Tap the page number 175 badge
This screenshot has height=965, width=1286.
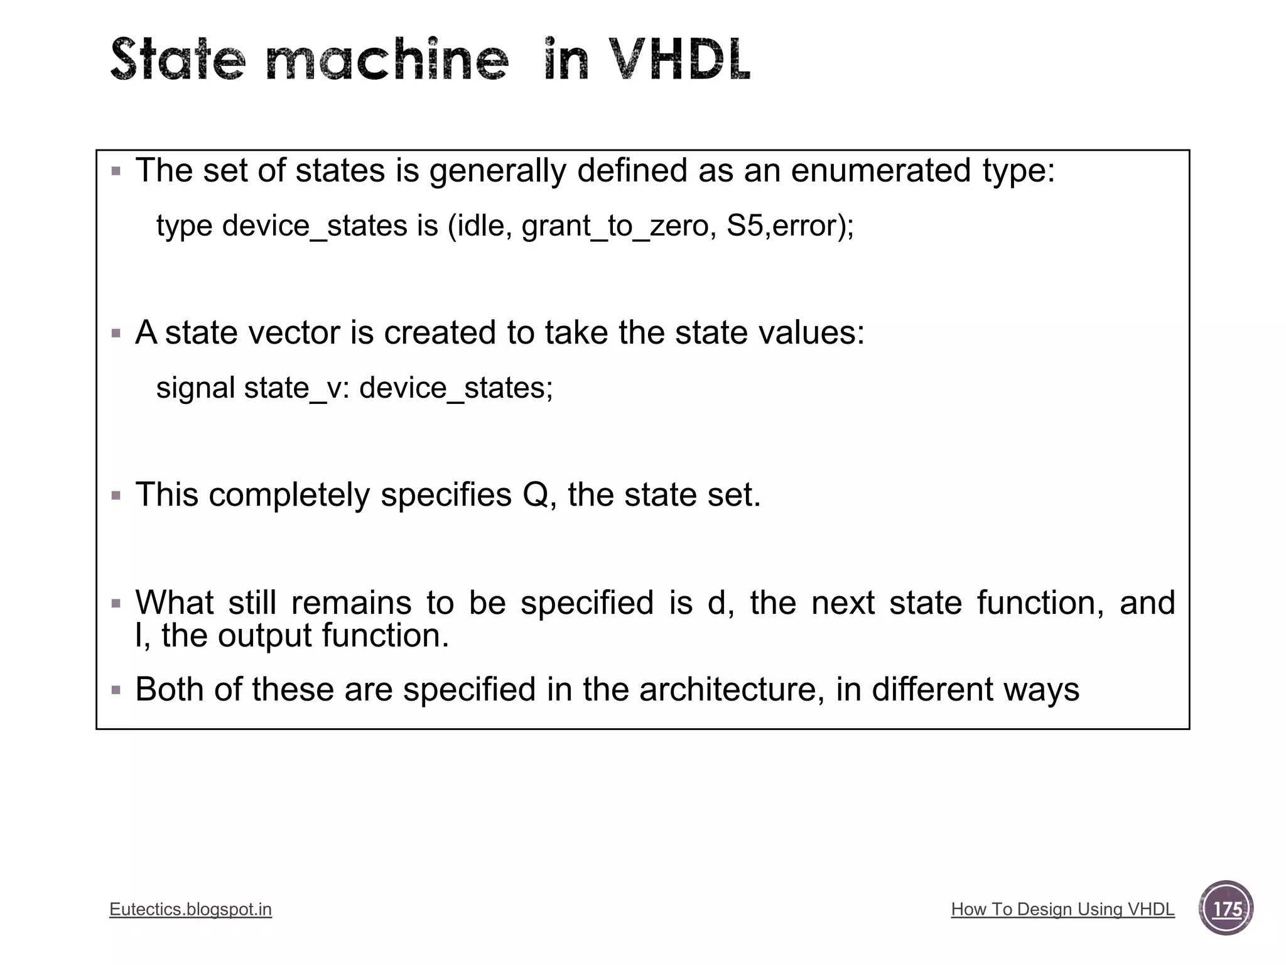tap(1226, 908)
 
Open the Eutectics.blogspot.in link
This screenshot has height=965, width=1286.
tap(190, 909)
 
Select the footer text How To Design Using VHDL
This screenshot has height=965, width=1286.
tap(1062, 909)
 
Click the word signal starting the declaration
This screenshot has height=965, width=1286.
tap(196, 388)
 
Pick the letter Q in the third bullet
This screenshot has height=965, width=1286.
tap(535, 494)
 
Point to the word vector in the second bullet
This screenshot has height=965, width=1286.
tap(294, 332)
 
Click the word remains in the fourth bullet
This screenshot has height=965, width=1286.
tap(351, 602)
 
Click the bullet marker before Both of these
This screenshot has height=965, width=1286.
tap(116, 690)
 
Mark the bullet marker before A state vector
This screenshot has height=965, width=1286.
tap(116, 333)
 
